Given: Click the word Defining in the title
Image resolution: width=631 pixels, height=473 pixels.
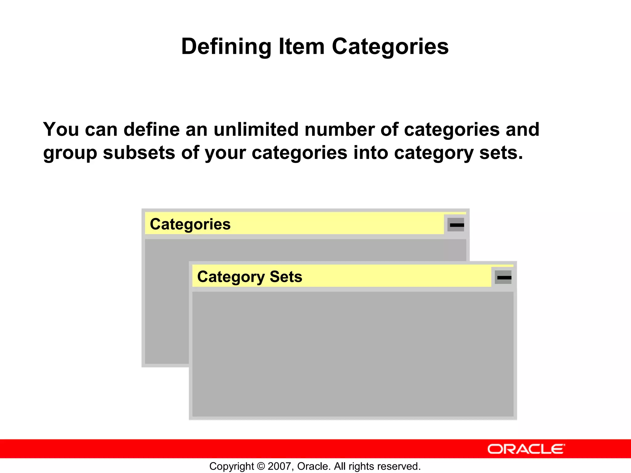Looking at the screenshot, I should coord(226,47).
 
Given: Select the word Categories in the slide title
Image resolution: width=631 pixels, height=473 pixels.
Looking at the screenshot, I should coord(390,47).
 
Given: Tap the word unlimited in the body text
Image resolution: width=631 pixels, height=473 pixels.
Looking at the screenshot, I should coord(256,129).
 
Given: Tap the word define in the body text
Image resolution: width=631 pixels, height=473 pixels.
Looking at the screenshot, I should coord(151,129).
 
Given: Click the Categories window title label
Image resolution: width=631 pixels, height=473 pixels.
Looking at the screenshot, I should coord(190,224).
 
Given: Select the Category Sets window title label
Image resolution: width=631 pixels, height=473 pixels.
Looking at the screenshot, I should coord(250,277).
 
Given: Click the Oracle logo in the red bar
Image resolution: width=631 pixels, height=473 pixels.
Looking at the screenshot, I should coord(526,449).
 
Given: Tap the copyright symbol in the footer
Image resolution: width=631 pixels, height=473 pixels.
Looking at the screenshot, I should coord(261,466).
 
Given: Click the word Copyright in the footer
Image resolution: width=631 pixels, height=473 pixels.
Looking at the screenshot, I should coord(232,466).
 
